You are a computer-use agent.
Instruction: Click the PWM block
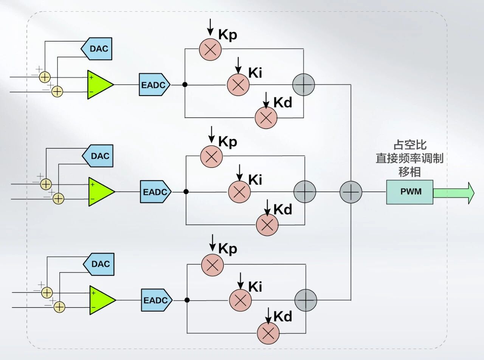[x=410, y=192]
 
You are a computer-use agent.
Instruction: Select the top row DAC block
[x=97, y=48]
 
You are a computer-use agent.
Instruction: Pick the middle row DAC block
[x=98, y=156]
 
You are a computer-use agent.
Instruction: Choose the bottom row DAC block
[x=99, y=264]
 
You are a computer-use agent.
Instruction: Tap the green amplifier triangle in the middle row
[x=101, y=192]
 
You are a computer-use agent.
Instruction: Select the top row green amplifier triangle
[x=99, y=85]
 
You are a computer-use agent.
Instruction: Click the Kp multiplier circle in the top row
[x=210, y=49]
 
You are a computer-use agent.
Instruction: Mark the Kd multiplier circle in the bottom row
[x=268, y=333]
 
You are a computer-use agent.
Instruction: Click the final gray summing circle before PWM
[x=351, y=192]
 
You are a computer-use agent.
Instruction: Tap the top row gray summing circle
[x=304, y=85]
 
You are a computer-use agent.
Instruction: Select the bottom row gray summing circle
[x=306, y=300]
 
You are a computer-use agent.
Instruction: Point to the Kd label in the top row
[x=283, y=102]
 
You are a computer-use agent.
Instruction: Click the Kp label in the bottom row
[x=228, y=249]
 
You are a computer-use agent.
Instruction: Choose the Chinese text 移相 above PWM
[x=410, y=172]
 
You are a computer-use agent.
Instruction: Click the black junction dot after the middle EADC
[x=186, y=192]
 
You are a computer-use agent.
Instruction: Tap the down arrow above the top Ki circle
[x=238, y=65]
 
